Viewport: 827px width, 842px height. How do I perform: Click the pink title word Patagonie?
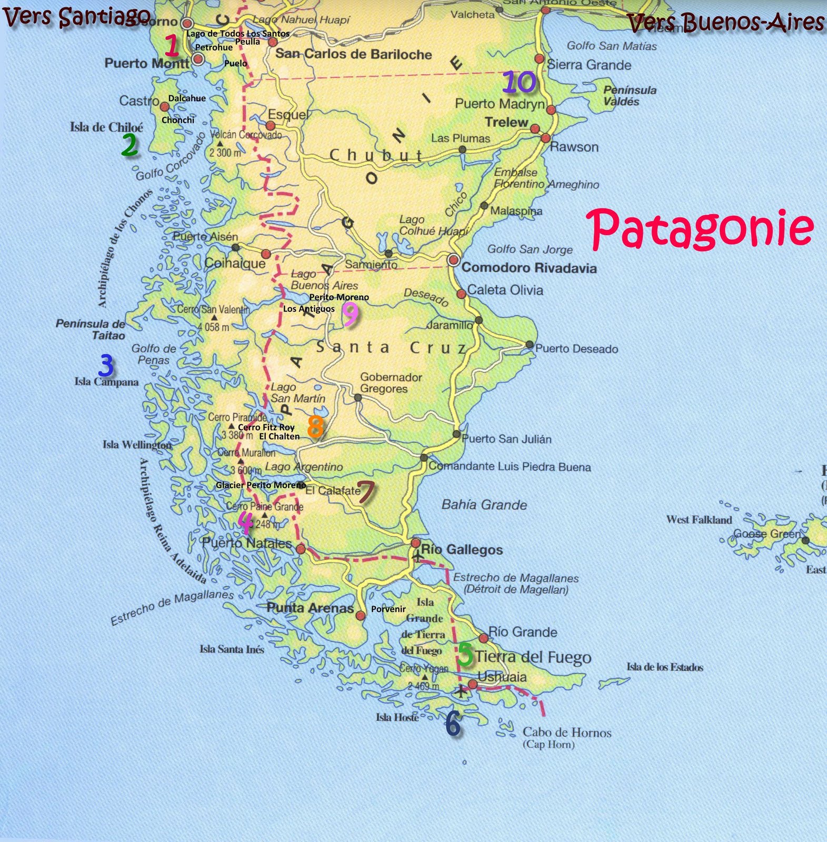[700, 229]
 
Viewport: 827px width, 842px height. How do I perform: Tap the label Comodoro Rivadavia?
[529, 268]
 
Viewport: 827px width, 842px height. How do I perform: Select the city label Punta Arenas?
[310, 608]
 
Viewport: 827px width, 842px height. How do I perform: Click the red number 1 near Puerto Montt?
[172, 46]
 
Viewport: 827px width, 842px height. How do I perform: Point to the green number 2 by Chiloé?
[129, 145]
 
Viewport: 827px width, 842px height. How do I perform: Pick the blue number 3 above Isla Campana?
[106, 365]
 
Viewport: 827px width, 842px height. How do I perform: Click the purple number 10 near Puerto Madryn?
[519, 82]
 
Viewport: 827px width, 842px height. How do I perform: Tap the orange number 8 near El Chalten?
[315, 426]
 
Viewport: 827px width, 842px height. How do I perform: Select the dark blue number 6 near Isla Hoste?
[453, 725]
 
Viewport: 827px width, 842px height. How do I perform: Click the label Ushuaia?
[502, 677]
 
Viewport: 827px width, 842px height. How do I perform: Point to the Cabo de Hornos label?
[566, 733]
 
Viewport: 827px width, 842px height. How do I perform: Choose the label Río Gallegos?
[462, 550]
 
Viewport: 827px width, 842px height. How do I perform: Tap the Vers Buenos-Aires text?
[725, 22]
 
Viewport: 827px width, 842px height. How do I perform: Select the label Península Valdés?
[630, 96]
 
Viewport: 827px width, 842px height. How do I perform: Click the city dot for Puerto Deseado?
[529, 345]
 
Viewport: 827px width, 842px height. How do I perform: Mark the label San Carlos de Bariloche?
[353, 54]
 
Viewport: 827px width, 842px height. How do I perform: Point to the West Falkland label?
[699, 520]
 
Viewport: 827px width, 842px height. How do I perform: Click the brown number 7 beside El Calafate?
[366, 492]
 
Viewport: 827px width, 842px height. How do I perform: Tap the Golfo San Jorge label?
[530, 249]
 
